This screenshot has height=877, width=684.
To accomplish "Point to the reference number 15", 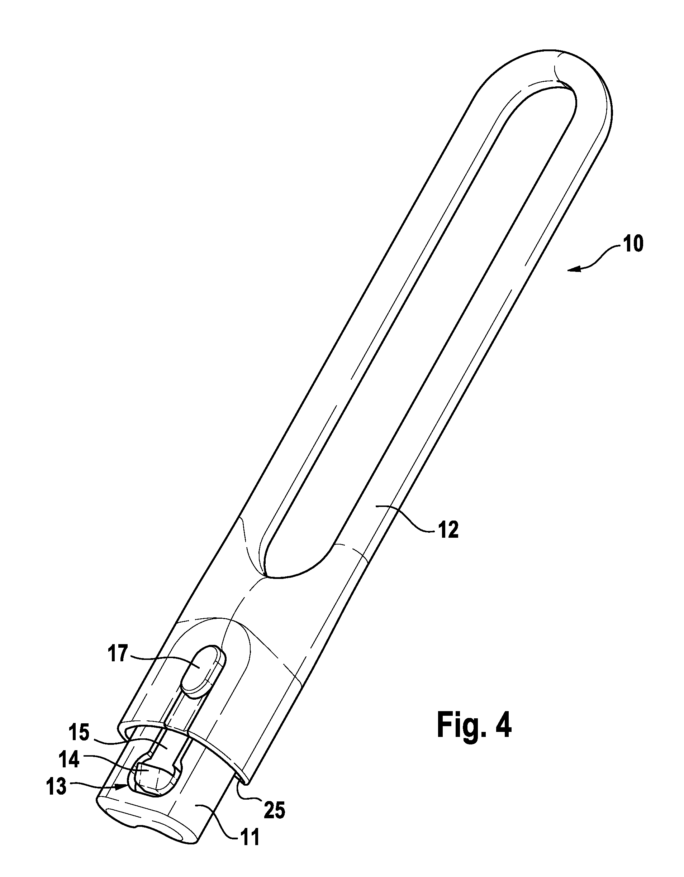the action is (79, 733).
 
